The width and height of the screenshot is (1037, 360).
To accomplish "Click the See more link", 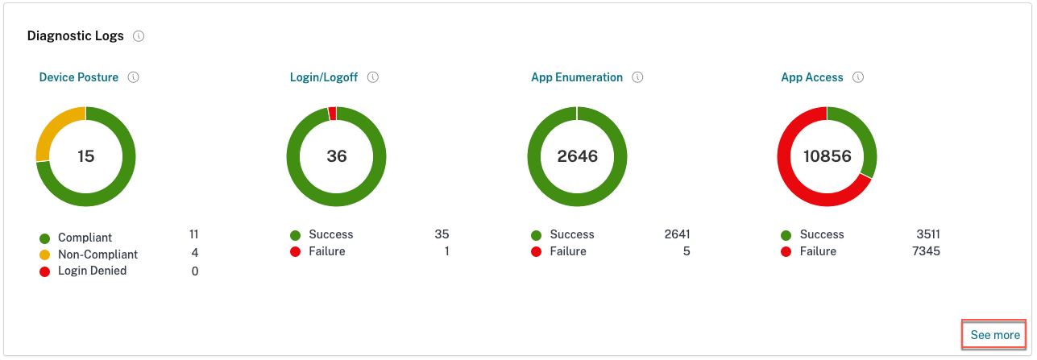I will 994,335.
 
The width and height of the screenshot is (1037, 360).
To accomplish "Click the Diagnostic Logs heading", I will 76,36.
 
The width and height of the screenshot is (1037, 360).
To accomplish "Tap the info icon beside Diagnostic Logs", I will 139,36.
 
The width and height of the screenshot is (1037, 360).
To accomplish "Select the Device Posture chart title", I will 79,78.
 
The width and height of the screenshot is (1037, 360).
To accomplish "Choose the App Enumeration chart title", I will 577,78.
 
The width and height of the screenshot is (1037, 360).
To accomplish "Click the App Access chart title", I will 812,78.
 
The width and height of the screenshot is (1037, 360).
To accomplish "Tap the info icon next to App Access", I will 858,78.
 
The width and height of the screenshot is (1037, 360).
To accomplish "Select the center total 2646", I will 578,156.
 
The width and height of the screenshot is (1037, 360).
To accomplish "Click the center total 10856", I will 827,156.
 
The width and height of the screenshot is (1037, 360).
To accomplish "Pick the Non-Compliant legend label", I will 97,254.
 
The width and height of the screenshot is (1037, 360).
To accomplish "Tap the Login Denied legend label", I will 92,271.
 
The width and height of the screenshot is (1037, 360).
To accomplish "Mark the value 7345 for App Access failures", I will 925,251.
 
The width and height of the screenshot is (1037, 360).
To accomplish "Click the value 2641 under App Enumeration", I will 677,234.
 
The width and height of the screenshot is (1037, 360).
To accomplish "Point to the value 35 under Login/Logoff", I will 442,234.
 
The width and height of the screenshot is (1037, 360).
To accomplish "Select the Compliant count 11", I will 193,234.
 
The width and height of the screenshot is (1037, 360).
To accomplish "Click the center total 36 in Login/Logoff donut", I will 337,156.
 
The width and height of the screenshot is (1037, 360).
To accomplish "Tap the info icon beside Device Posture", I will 134,78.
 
